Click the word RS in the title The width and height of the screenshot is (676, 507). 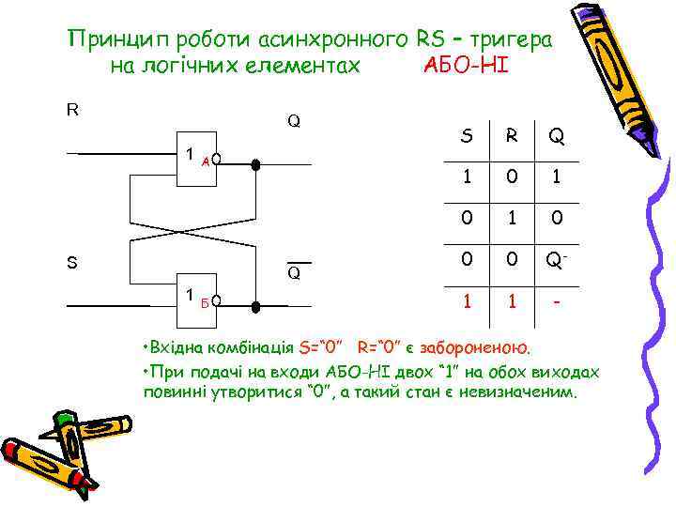429,40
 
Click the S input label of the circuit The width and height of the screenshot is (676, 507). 72,263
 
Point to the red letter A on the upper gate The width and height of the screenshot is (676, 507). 205,161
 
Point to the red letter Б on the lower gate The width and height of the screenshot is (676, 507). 204,302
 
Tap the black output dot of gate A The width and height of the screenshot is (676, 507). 255,162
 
